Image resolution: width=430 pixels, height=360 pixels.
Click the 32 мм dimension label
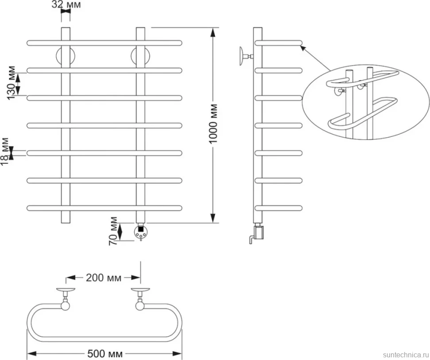66,4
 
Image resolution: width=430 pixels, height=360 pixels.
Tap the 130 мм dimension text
11,83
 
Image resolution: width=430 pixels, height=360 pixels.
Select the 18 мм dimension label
5,151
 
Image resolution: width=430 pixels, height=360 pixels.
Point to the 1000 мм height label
213,124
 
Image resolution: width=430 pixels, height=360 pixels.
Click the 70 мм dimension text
113,231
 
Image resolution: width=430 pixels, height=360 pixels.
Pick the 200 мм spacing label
104,278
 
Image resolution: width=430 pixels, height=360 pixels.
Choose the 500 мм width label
105,354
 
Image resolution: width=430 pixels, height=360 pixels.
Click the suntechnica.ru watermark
406,355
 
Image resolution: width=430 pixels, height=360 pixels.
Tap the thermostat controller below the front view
140,232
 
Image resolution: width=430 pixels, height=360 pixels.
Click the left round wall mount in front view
66,57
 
